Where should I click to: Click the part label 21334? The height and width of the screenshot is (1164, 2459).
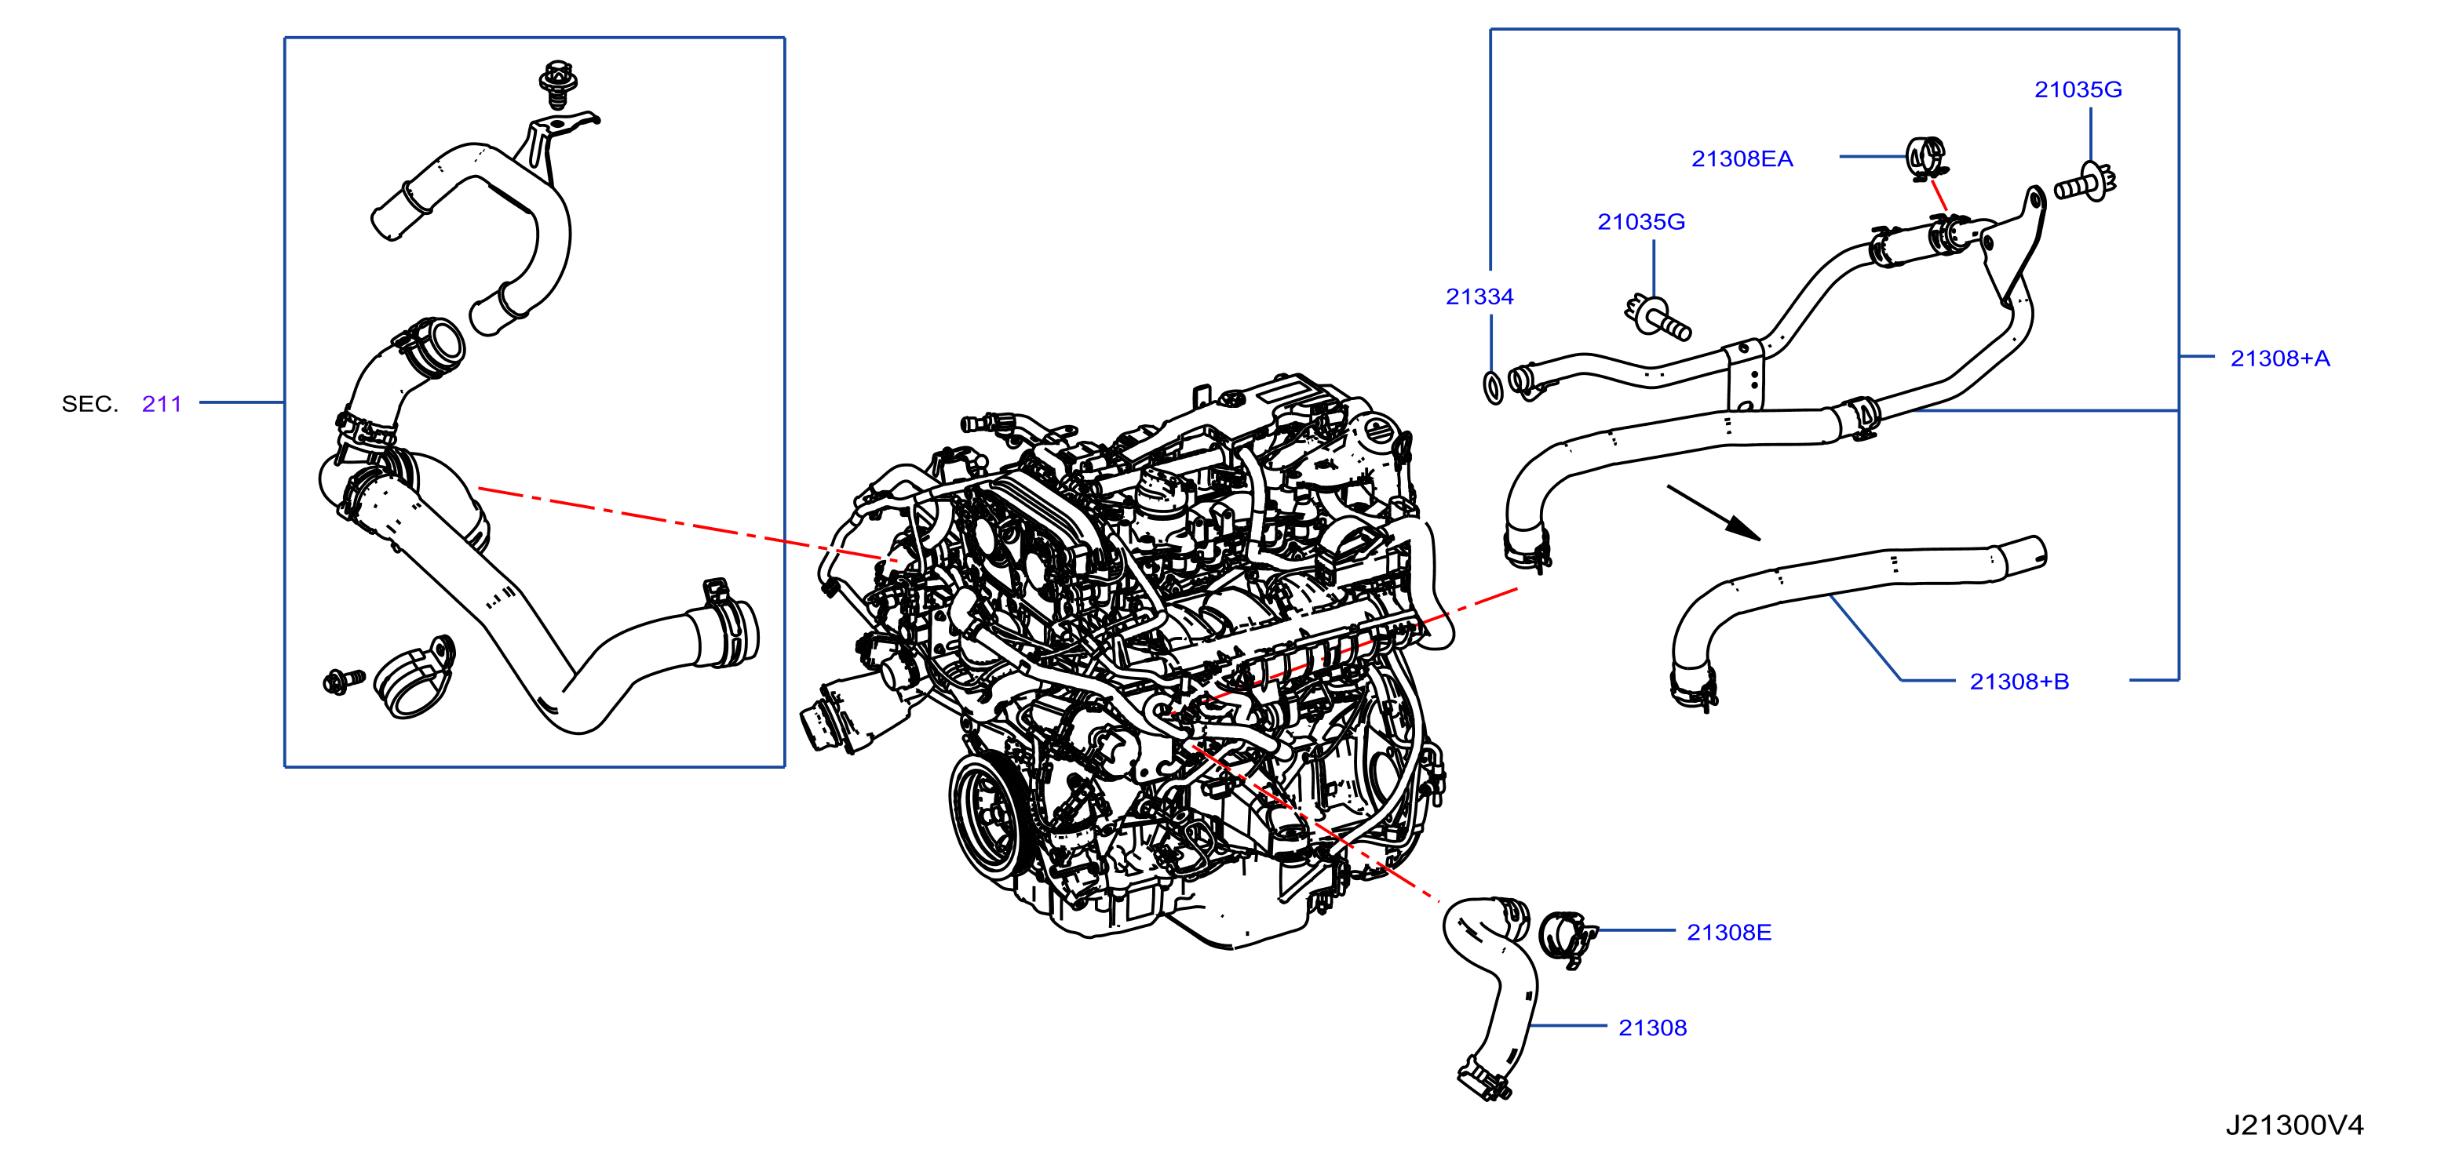pos(1479,296)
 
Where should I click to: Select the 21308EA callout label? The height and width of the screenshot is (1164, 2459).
pos(1742,159)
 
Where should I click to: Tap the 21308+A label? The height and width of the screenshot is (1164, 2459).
pos(2279,358)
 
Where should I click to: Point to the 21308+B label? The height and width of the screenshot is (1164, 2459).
pos(2019,682)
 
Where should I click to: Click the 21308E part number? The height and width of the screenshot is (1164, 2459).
pos(1729,932)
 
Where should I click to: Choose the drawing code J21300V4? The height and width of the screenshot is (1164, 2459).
pos(2295,1125)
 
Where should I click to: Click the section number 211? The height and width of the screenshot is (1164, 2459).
pos(162,404)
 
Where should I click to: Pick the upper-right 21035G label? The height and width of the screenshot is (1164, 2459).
pos(2078,89)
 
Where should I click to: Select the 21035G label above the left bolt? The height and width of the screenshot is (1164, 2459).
pos(1641,221)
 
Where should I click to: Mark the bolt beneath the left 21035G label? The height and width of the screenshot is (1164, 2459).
pos(1657,318)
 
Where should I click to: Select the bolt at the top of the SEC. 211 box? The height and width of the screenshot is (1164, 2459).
pos(557,83)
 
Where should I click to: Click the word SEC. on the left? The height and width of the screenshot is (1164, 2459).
pos(89,404)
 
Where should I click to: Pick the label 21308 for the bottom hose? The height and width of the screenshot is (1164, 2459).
pos(1652,1028)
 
